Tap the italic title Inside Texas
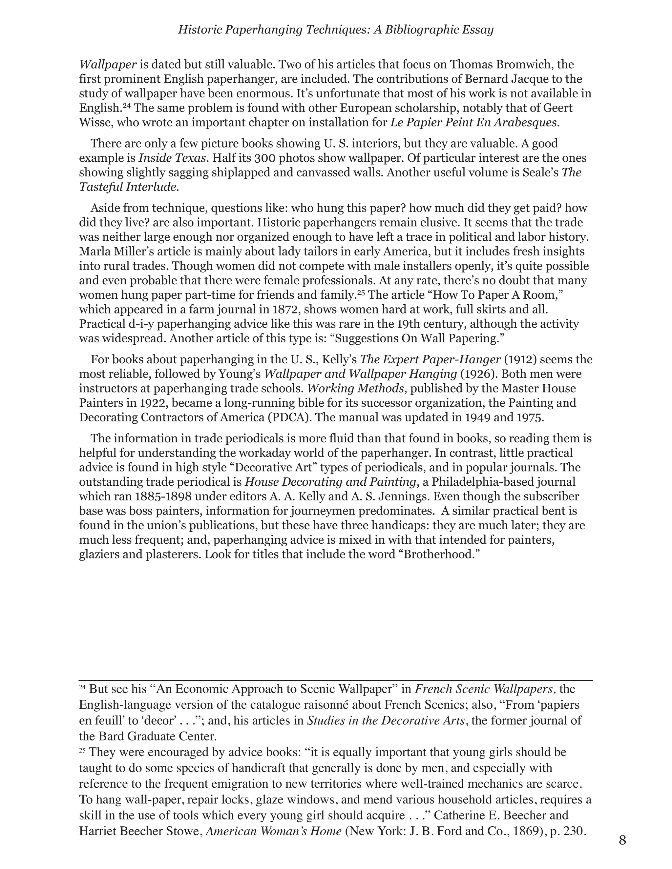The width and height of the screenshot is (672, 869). (x=172, y=158)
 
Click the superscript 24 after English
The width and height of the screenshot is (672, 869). (x=127, y=106)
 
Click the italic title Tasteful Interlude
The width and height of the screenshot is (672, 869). (x=128, y=187)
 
